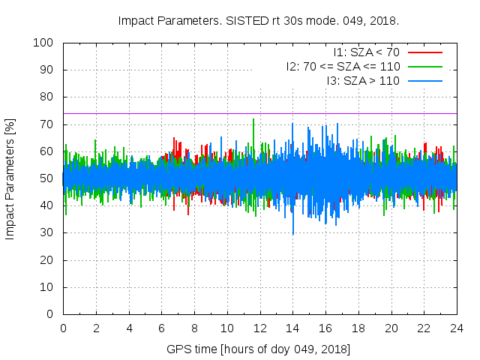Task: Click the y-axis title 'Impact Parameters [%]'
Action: pos(10,178)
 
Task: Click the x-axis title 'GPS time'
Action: pos(259,349)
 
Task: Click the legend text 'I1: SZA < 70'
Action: pos(367,52)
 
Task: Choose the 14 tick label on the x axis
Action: pos(292,328)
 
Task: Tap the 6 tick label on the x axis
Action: pos(161,328)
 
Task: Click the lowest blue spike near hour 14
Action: pos(293,233)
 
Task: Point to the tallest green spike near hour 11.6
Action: pos(253,120)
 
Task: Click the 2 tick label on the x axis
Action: pos(96,328)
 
